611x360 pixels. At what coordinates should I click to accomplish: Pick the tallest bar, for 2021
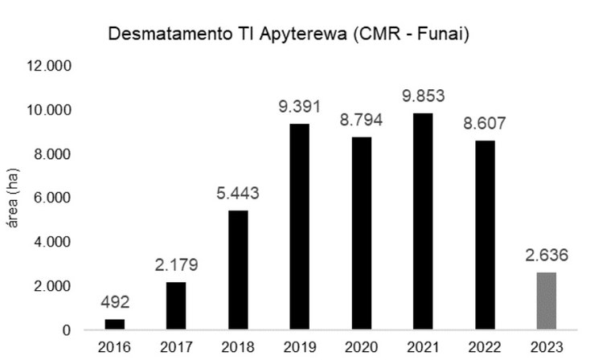tap(420, 222)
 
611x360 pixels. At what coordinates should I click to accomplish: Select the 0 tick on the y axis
tap(67, 330)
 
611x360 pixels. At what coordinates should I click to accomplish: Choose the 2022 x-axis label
tap(482, 348)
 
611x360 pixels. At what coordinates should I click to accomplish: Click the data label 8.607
tap(482, 125)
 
